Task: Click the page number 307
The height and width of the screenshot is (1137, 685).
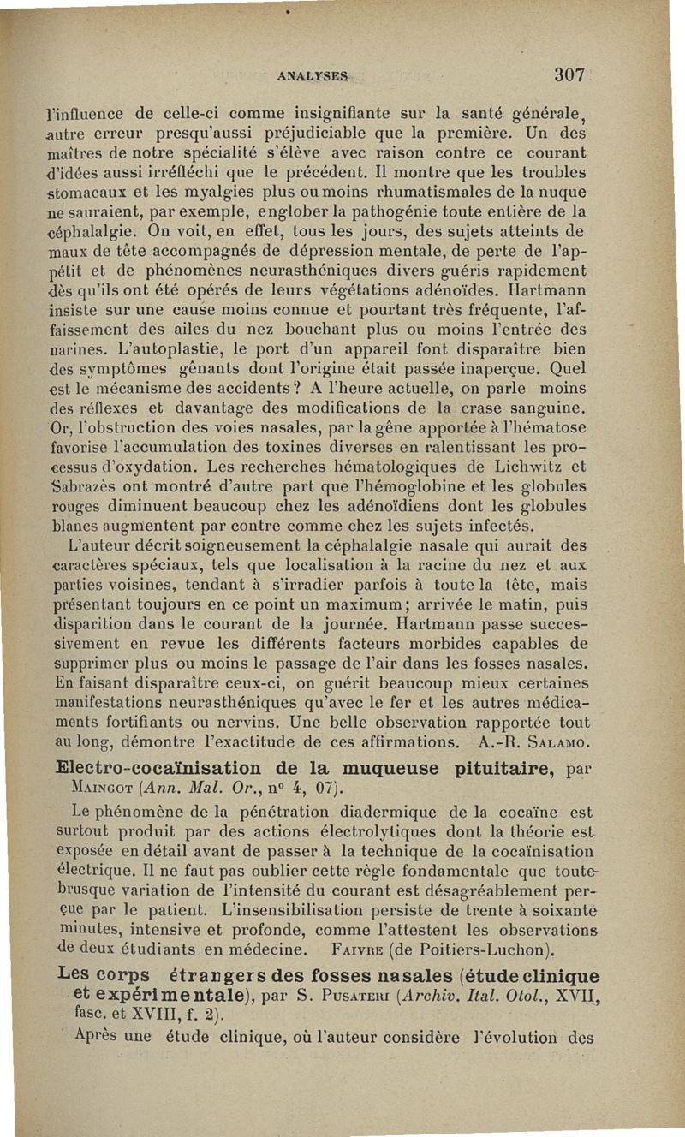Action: pyautogui.click(x=569, y=74)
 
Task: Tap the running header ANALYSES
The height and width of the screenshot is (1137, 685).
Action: pyautogui.click(x=312, y=76)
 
